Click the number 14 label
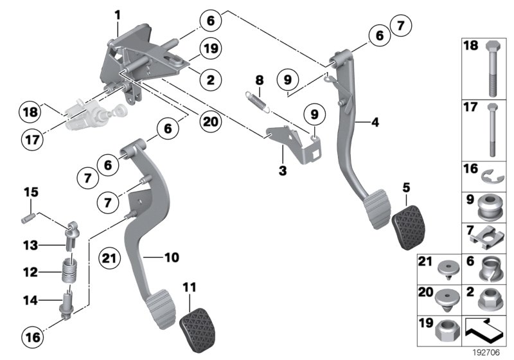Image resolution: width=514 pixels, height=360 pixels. coord(30,299)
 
